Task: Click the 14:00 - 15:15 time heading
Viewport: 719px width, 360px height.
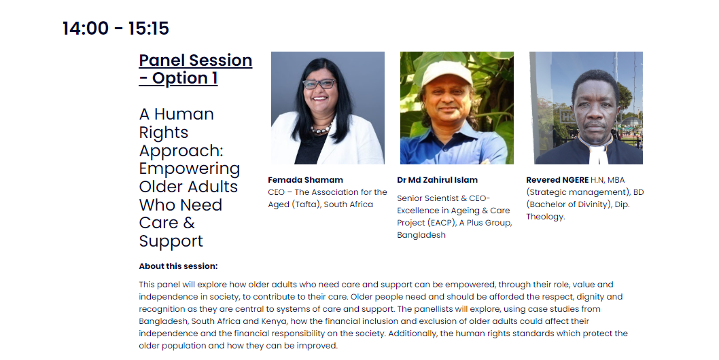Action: pos(116,29)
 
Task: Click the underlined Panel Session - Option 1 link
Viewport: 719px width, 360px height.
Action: pos(195,69)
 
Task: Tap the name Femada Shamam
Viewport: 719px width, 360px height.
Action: pos(305,180)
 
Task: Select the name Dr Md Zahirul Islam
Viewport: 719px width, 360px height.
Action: pos(438,180)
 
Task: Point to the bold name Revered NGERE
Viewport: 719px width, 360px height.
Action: pos(557,180)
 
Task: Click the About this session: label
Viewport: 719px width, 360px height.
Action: pos(178,266)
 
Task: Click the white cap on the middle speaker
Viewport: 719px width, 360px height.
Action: pos(446,73)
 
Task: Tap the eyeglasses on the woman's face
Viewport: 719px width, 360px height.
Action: pos(319,84)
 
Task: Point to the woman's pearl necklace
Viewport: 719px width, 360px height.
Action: pos(322,128)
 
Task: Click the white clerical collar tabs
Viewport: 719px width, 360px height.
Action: pos(595,154)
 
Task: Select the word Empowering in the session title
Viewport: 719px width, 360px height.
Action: pos(190,168)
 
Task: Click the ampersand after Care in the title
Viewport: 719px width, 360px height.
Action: pos(189,223)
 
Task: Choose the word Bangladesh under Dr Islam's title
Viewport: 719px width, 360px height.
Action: pos(421,235)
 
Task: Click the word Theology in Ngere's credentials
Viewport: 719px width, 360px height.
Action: pos(545,217)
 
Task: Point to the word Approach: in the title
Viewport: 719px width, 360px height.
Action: pos(181,151)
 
